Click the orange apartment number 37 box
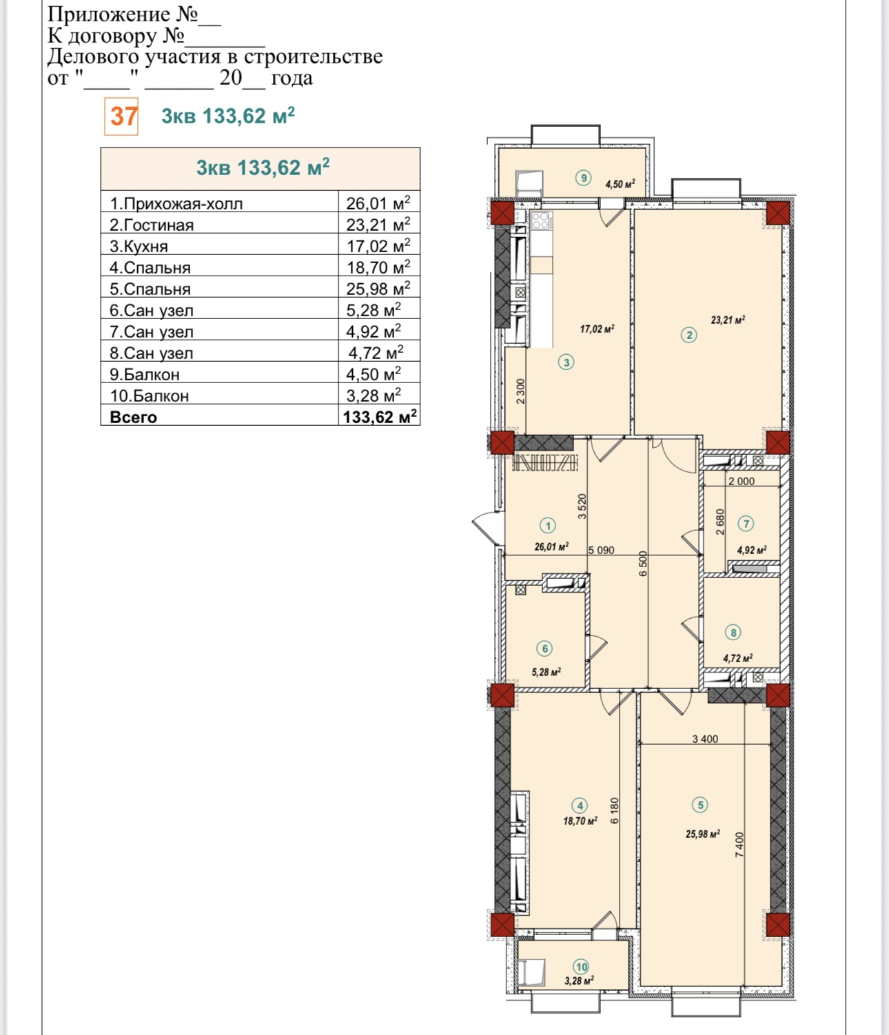pos(121,116)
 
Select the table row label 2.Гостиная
pos(151,225)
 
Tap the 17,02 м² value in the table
pos(378,246)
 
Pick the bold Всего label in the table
pos(133,417)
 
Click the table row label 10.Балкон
pos(150,396)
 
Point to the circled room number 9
pos(584,178)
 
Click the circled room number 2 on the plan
pos(689,335)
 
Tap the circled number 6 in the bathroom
pos(545,648)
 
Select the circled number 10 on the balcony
pos(581,967)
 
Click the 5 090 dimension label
pos(601,551)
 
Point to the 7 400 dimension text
pos(739,844)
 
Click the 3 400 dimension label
pos(705,739)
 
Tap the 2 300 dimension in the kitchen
pos(520,392)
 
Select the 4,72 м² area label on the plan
pos(738,658)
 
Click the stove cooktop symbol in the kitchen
pos(542,221)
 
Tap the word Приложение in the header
pos(109,14)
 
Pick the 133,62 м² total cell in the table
pos(380,417)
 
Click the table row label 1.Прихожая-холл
pos(176,204)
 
